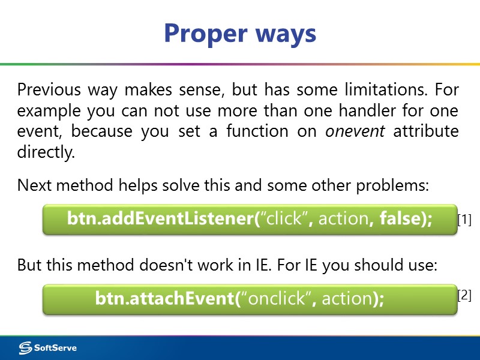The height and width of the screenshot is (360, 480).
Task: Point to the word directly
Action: click(x=46, y=152)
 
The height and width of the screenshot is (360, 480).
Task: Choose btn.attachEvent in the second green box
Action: click(x=164, y=298)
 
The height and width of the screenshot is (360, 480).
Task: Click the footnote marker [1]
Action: click(x=464, y=220)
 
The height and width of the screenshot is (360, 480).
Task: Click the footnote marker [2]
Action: click(x=464, y=295)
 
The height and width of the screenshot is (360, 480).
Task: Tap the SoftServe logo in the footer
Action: click(x=48, y=348)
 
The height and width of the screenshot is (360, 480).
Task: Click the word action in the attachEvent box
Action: click(x=346, y=298)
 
